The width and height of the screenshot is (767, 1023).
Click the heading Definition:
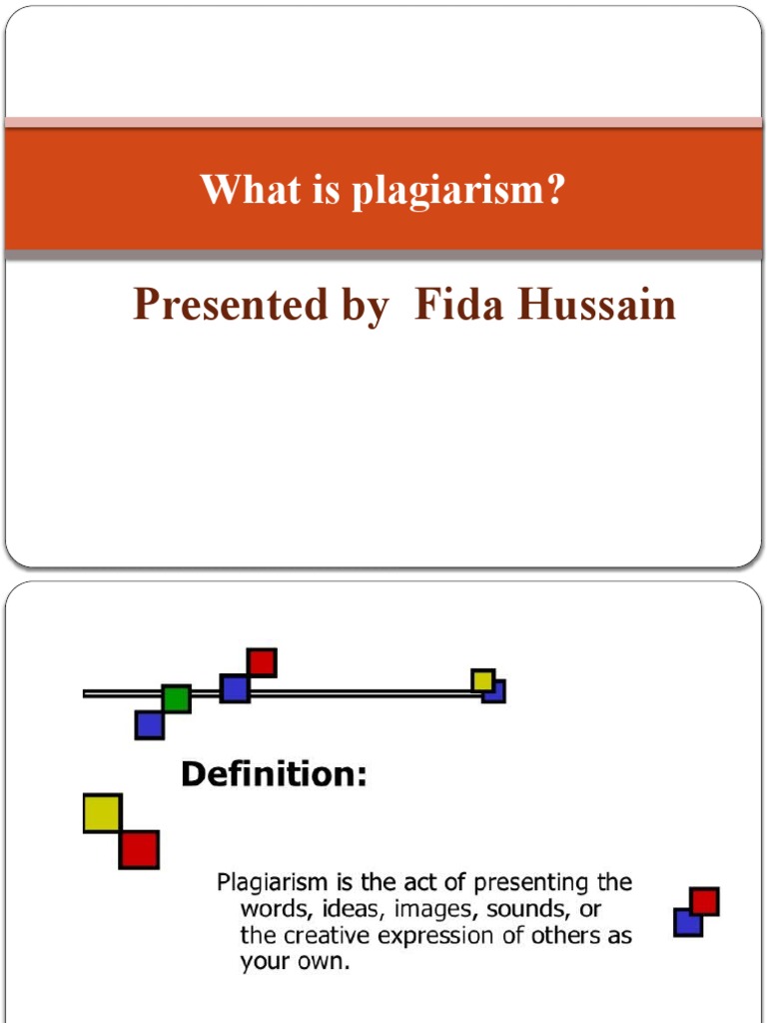(274, 774)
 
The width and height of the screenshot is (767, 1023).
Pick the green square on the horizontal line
(176, 698)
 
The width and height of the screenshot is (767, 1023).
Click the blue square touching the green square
(149, 724)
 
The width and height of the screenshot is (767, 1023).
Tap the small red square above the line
(262, 662)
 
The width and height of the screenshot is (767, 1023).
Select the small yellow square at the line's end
(482, 680)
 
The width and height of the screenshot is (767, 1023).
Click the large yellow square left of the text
(102, 813)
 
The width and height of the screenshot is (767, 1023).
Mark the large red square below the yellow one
(139, 849)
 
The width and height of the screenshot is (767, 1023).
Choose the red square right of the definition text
(705, 902)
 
